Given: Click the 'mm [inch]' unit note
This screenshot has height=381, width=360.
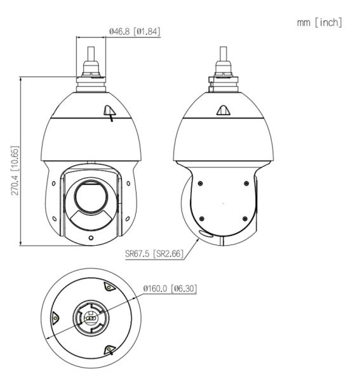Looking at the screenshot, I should (x=319, y=23).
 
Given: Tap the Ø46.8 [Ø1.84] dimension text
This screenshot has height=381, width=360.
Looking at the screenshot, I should (x=134, y=30).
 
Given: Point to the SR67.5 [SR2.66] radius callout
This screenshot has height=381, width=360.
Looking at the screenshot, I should (x=154, y=254).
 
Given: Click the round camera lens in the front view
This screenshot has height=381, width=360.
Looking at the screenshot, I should (x=90, y=197).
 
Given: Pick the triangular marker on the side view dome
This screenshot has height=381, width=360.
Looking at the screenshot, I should (x=223, y=111).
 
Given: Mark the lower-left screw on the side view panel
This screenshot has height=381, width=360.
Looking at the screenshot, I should (x=201, y=218).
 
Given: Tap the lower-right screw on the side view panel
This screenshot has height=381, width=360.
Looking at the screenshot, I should (x=245, y=218).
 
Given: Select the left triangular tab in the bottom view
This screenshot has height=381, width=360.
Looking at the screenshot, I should (x=56, y=317).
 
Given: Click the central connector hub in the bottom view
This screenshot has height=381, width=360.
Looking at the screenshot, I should (x=90, y=317).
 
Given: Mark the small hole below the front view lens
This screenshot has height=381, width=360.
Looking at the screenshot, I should (x=90, y=238).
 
